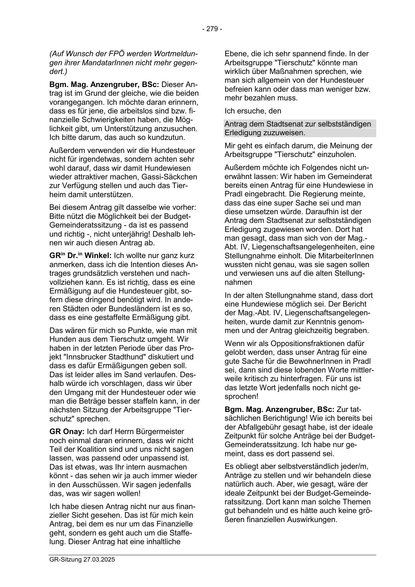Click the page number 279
(212, 29)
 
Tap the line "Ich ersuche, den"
(253, 111)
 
